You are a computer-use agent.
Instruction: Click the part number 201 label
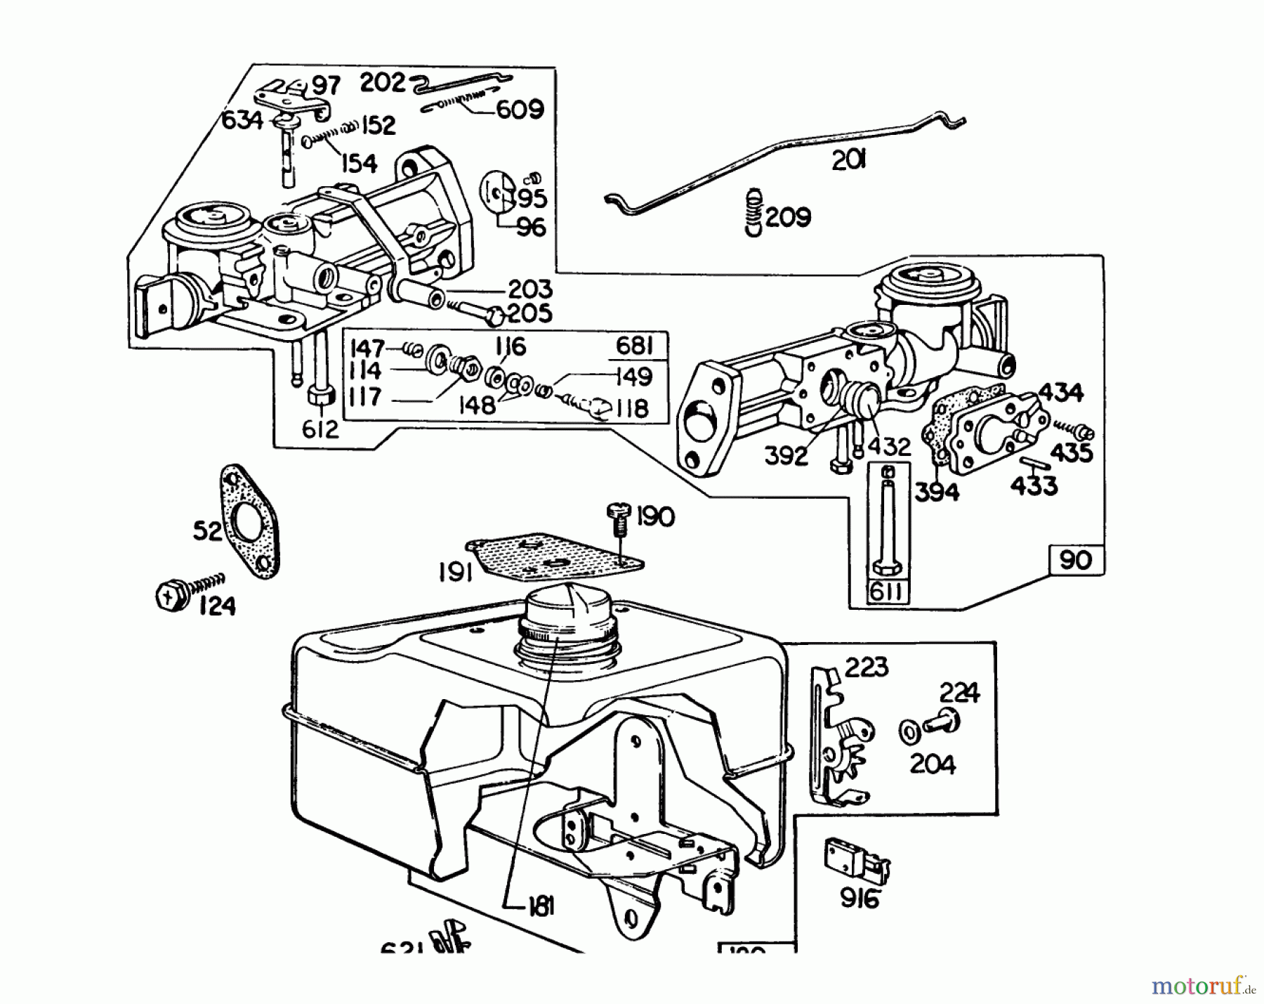click(x=848, y=161)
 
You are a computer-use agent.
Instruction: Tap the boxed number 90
click(x=1074, y=560)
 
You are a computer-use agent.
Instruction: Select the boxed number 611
click(x=888, y=592)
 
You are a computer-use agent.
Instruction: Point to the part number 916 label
click(x=859, y=899)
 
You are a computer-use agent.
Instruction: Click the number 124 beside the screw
click(x=217, y=605)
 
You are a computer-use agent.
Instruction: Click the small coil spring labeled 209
click(x=753, y=211)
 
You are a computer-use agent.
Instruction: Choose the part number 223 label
click(x=866, y=667)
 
